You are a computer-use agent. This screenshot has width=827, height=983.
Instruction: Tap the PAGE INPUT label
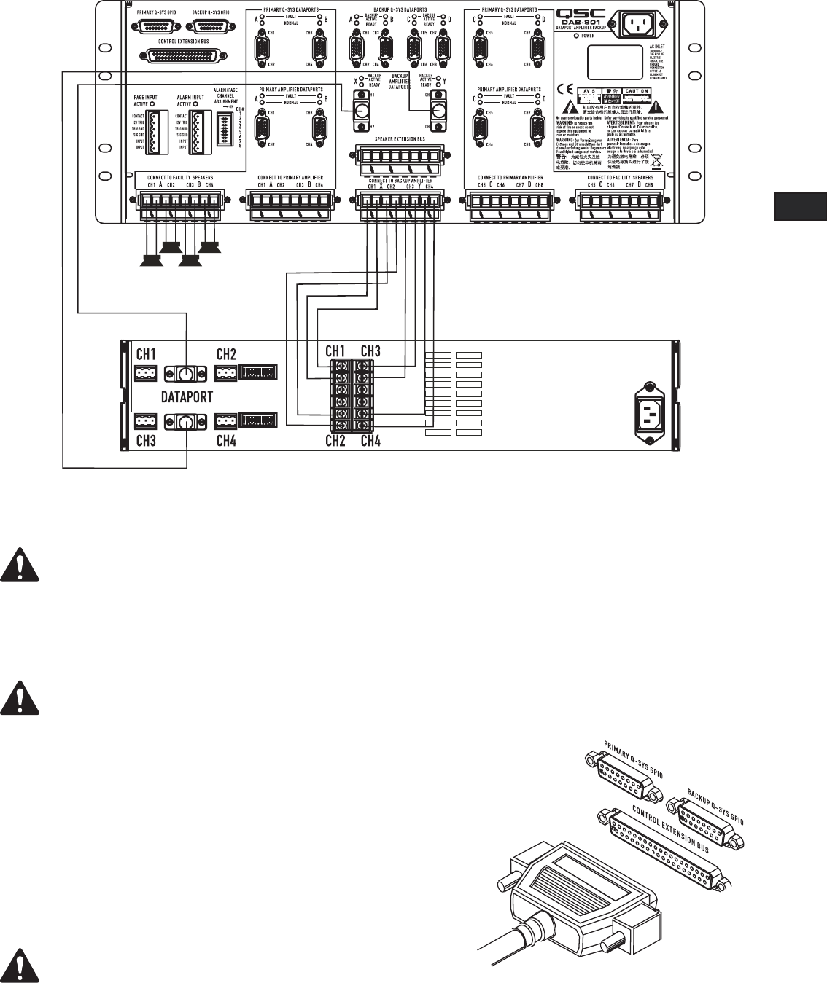(x=146, y=97)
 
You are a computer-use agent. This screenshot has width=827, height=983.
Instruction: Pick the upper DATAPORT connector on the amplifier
(x=186, y=374)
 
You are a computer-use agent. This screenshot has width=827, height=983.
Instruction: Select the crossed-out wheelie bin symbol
(x=655, y=156)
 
